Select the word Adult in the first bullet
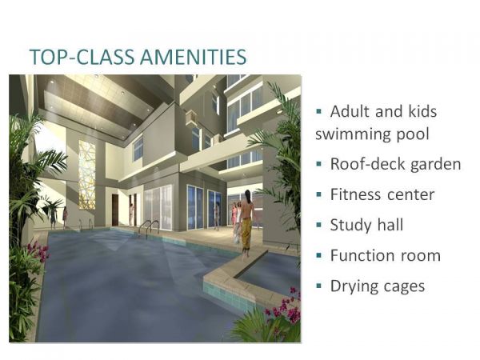[353, 111]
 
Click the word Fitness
[355, 194]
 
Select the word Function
[361, 255]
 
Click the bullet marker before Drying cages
[319, 284]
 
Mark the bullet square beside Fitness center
[319, 193]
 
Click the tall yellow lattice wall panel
[86, 172]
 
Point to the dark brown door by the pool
[115, 210]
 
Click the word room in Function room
[420, 256]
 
